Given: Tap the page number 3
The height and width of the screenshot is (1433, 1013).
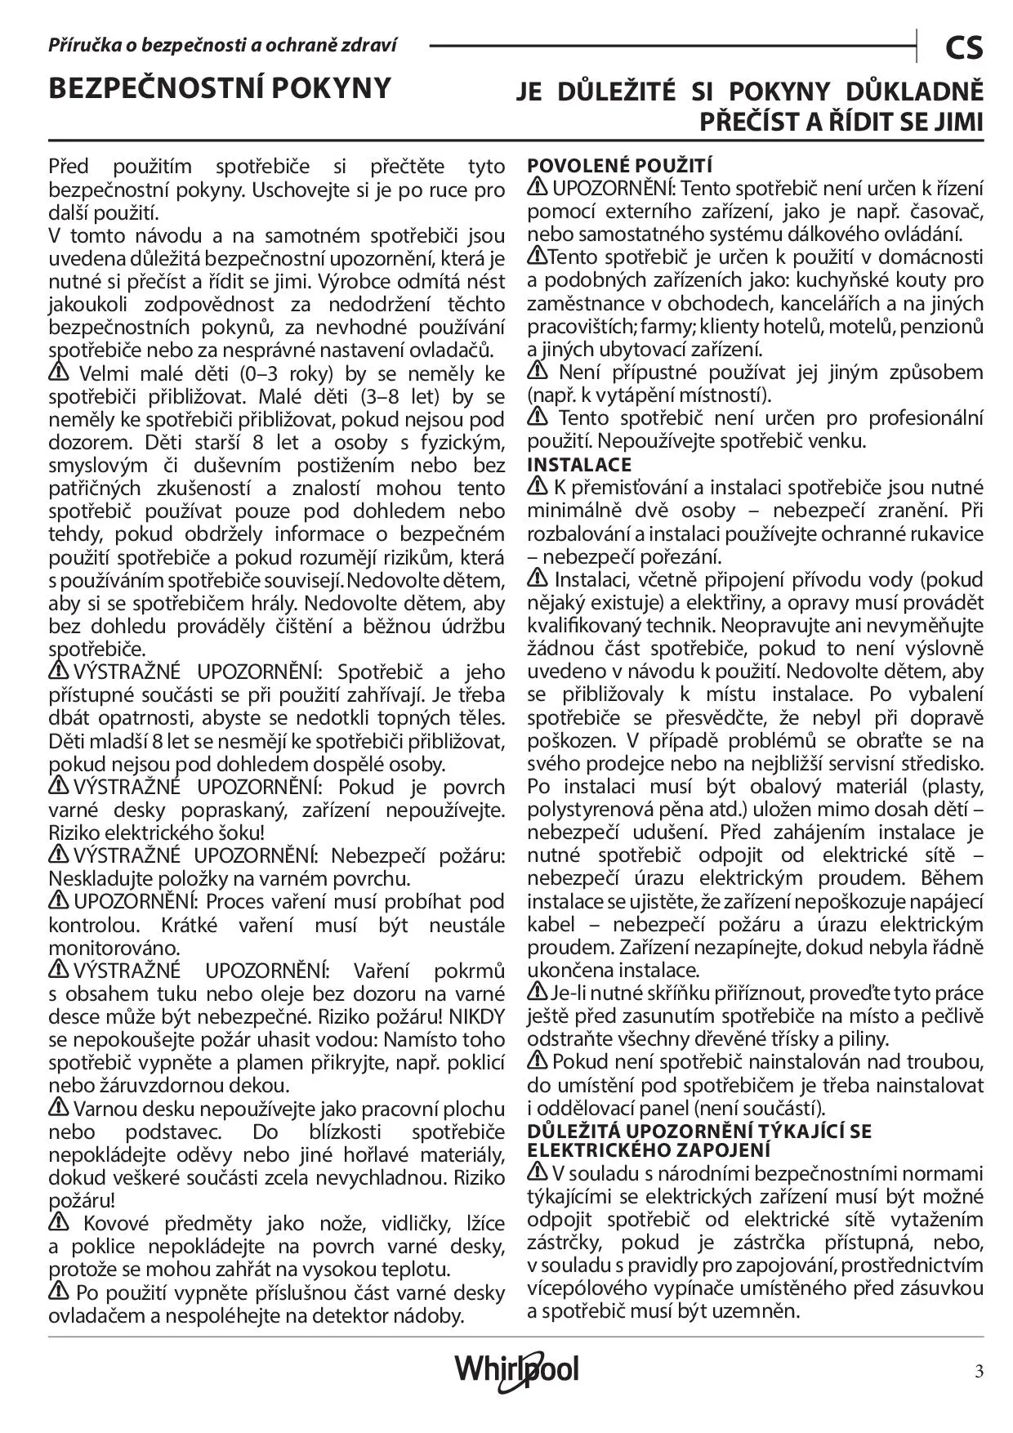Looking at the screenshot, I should (x=979, y=1371).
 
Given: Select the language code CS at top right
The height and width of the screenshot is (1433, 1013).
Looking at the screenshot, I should (x=964, y=48).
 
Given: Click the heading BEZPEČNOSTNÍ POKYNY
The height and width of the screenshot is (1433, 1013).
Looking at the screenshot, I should (x=220, y=88).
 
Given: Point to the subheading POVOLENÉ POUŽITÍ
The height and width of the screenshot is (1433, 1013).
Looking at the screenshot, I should (x=620, y=165).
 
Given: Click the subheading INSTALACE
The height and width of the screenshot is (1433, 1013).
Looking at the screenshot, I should (x=579, y=464).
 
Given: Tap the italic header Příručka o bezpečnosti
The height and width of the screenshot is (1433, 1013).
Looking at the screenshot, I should (x=222, y=45).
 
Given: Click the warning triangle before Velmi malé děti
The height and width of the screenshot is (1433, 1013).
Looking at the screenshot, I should (x=59, y=373).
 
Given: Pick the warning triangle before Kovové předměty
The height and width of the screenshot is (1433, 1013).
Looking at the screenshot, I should (x=59, y=1222).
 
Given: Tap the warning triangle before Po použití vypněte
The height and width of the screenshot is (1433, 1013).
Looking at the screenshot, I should (x=59, y=1292).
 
